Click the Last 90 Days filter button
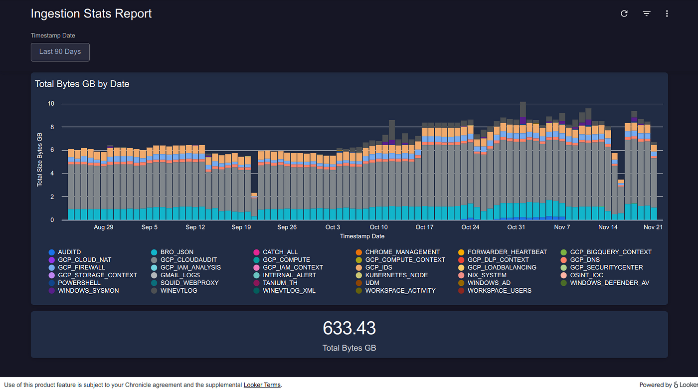click(x=60, y=52)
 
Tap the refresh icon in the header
click(x=624, y=14)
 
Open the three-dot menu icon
click(x=667, y=14)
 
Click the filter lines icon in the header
click(x=646, y=14)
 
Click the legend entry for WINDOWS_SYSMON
click(x=88, y=291)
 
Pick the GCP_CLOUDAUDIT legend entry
click(x=188, y=260)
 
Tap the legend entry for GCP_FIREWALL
click(x=81, y=268)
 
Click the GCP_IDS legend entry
click(x=378, y=268)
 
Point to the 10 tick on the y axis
click(x=51, y=104)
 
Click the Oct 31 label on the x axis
click(x=516, y=227)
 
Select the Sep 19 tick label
click(x=241, y=227)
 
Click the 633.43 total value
click(x=349, y=328)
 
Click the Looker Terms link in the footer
click(x=262, y=385)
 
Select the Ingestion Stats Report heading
click(x=91, y=14)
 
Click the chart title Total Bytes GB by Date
click(x=82, y=84)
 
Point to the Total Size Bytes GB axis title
click(x=40, y=160)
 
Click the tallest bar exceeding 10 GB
click(x=523, y=165)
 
